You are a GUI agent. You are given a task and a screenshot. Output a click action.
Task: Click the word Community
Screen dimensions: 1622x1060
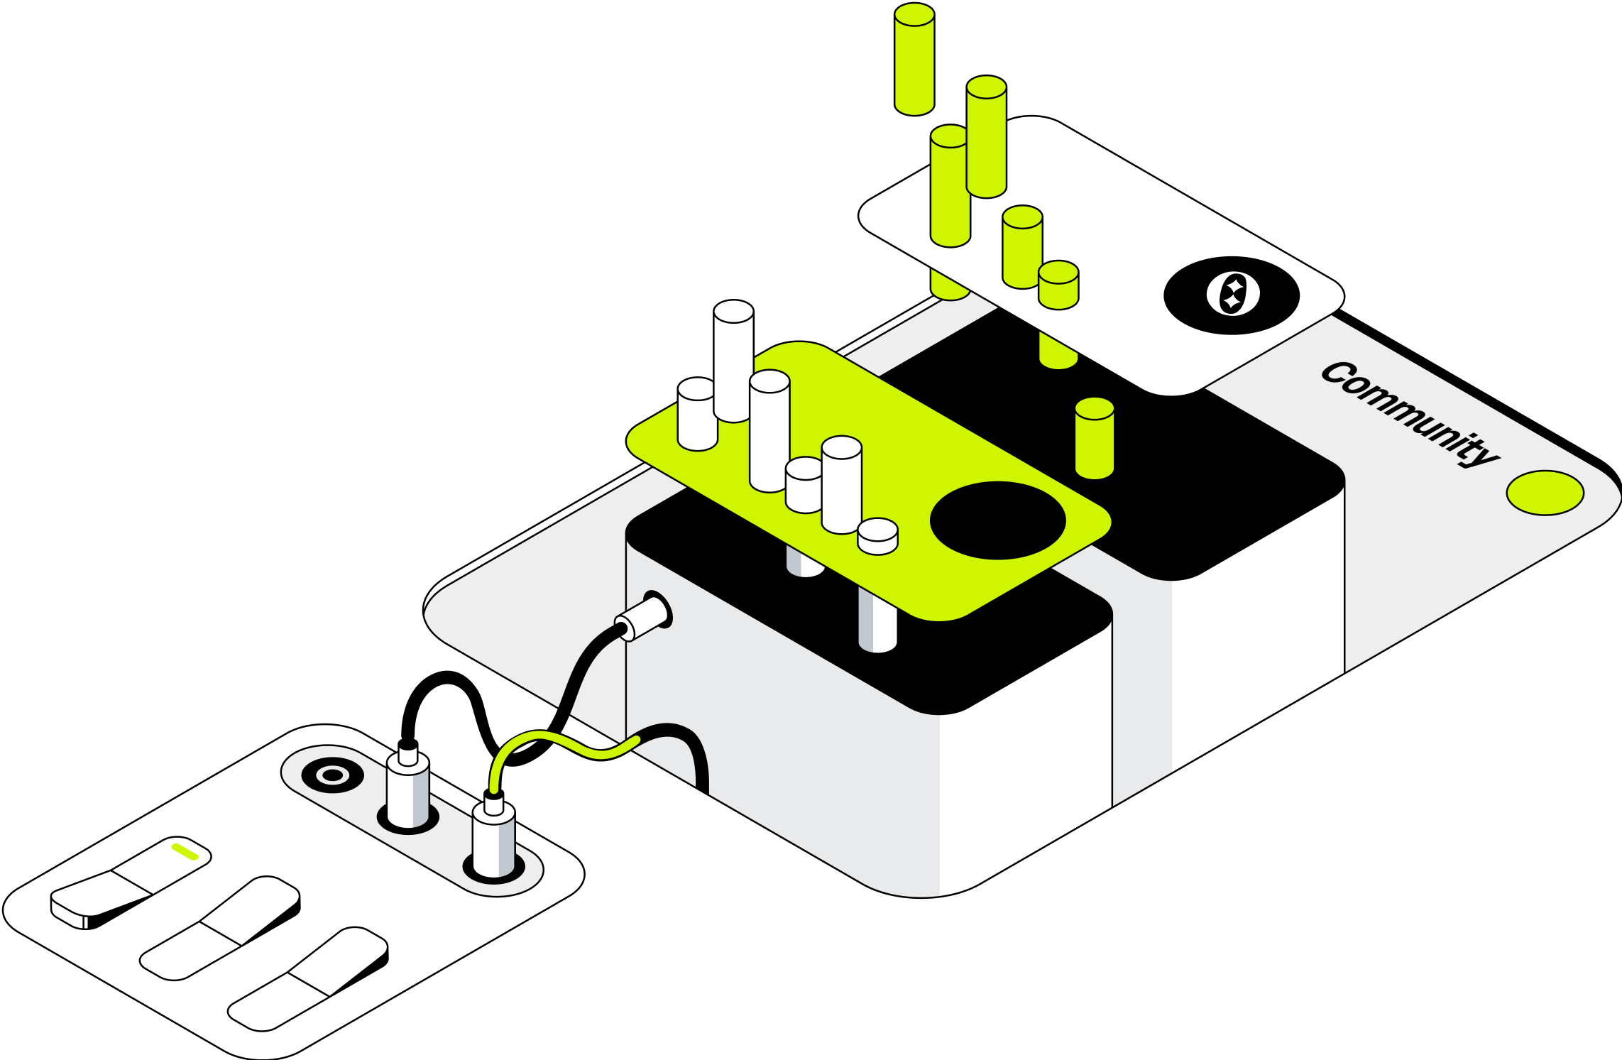point(1410,415)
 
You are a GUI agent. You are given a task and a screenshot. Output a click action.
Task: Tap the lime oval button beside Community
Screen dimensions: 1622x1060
point(1545,493)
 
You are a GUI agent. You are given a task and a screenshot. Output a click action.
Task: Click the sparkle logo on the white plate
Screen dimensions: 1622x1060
point(1233,293)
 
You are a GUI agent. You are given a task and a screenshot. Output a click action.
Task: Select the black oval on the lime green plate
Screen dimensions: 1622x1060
point(997,520)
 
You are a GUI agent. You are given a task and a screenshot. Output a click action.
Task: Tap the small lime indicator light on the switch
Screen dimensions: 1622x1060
point(185,852)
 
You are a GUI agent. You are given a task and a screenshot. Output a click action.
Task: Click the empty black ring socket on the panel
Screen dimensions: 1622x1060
point(332,775)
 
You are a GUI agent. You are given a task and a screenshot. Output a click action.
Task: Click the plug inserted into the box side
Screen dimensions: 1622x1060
point(642,616)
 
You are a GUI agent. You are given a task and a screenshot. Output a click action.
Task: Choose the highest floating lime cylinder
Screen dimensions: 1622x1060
point(914,59)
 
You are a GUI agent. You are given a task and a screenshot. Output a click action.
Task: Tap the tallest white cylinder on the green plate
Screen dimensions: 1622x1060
point(733,361)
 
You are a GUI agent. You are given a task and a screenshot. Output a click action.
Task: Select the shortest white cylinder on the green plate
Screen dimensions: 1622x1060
point(877,537)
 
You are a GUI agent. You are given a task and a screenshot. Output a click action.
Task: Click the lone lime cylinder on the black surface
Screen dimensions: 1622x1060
point(1095,438)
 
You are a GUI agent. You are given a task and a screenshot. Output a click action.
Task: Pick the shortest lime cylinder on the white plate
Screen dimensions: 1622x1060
point(1058,285)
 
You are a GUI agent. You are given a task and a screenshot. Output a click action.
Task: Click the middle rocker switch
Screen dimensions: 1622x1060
point(221,928)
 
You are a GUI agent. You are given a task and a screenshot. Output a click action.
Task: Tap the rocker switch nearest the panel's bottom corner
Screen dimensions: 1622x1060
point(308,978)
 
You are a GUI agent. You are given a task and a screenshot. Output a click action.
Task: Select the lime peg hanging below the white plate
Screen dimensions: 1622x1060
point(1058,350)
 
